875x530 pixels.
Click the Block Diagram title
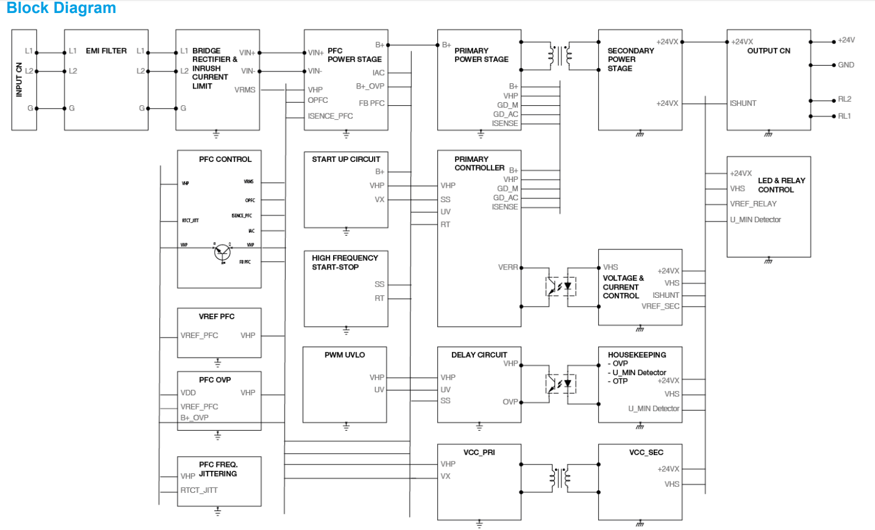pos(61,8)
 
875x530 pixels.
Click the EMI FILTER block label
pos(106,51)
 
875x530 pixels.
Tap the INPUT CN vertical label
pos(19,79)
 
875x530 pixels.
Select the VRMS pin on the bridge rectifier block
pos(245,90)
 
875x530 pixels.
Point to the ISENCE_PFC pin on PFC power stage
pos(330,116)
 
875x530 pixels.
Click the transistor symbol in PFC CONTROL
pos(222,252)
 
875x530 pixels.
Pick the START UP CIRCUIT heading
pos(346,160)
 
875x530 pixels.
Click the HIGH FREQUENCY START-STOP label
pos(344,262)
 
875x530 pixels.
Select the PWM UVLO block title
pos(344,355)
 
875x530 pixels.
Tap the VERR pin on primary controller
pos(508,268)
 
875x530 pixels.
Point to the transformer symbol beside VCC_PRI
pos(560,477)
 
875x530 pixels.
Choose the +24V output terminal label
pos(846,40)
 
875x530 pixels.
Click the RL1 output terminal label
pos(844,116)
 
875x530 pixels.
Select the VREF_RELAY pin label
pos(753,204)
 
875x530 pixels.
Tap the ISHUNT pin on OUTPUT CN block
pos(743,103)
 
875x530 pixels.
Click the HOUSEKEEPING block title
pos(637,355)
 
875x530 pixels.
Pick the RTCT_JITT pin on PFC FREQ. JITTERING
pos(199,490)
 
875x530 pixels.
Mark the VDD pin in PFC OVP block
pos(188,393)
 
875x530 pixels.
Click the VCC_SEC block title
pos(646,453)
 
